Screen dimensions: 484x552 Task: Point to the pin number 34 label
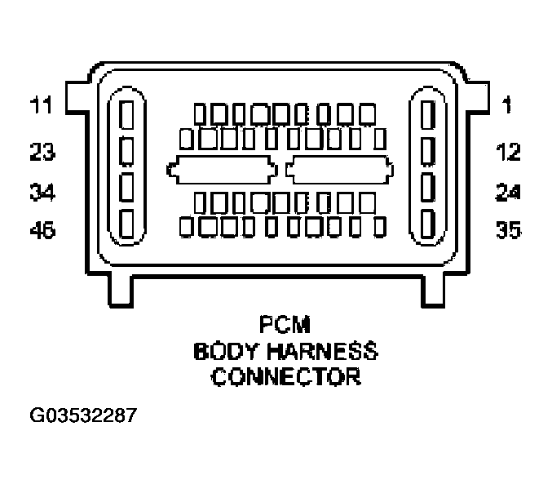[x=42, y=193]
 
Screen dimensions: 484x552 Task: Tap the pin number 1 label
[x=507, y=106]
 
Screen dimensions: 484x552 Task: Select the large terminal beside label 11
[x=127, y=113]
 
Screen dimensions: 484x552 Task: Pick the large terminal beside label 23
[x=127, y=150]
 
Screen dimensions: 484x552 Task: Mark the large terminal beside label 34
[x=127, y=187]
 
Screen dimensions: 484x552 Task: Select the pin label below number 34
[x=42, y=231]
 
